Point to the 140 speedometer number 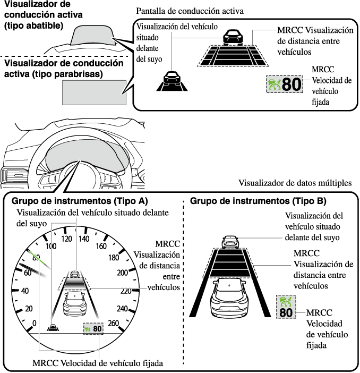pyautogui.click(x=84, y=239)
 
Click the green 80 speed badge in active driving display pyautogui.click(x=284, y=84)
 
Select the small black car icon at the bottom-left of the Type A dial pyautogui.click(x=53, y=327)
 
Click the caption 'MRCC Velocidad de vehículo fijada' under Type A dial pyautogui.click(x=97, y=363)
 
